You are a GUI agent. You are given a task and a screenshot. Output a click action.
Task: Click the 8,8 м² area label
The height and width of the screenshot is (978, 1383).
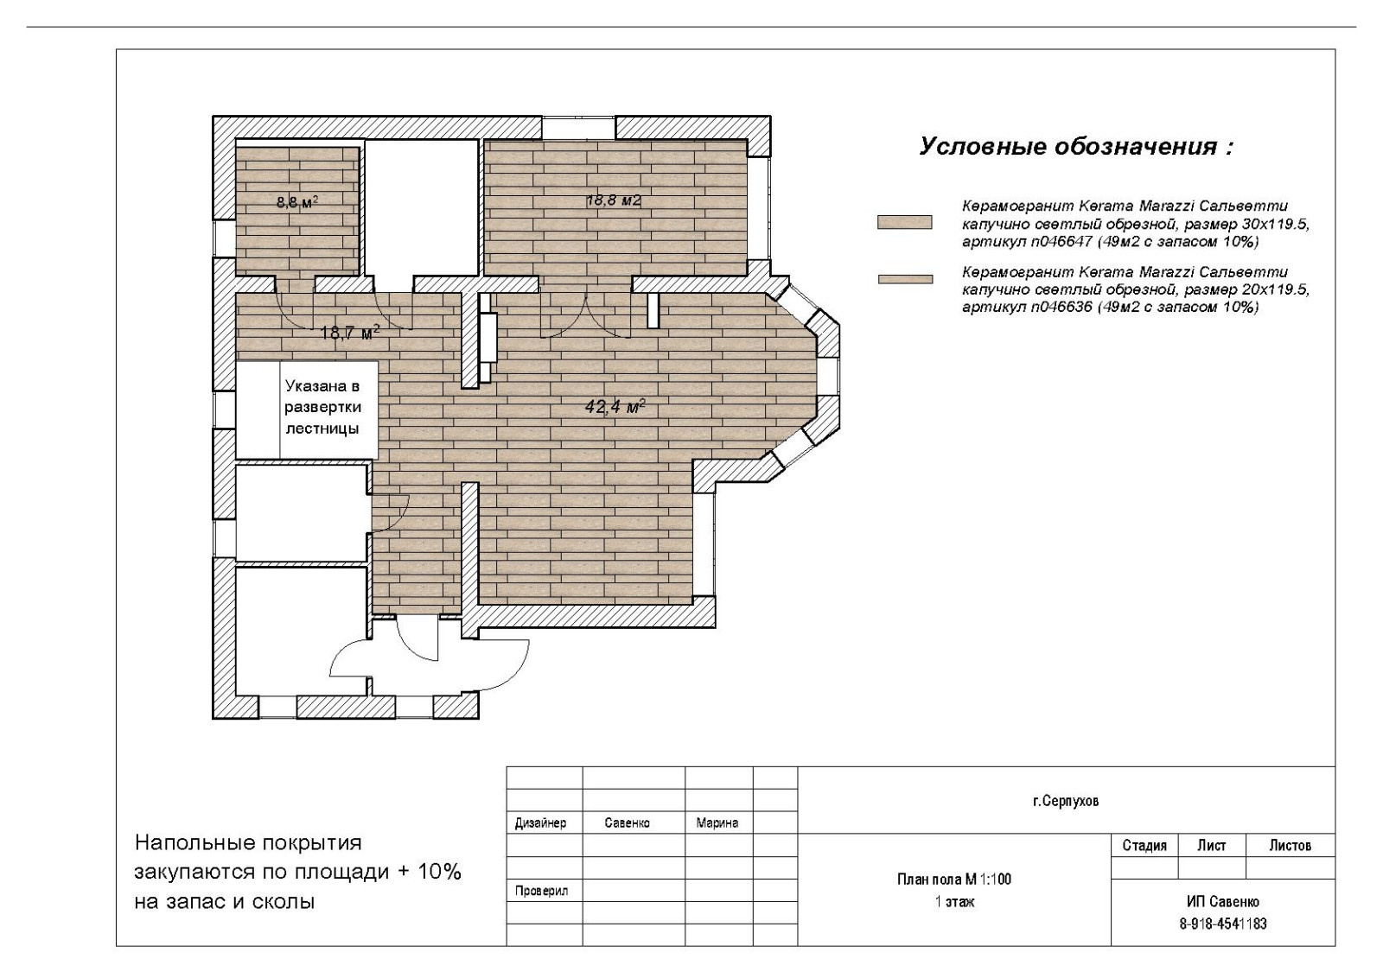click(x=297, y=201)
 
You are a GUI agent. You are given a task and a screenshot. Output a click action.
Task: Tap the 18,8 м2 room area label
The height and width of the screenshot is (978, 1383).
click(x=614, y=200)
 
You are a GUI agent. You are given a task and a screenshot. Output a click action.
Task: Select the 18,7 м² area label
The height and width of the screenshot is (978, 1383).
click(x=349, y=333)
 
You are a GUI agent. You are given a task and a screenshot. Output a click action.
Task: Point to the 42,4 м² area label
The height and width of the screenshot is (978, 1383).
click(x=615, y=407)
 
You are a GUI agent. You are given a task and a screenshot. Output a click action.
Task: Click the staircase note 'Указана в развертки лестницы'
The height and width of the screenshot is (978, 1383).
click(x=322, y=407)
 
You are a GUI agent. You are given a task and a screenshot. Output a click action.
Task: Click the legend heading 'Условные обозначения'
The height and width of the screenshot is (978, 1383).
click(x=1076, y=147)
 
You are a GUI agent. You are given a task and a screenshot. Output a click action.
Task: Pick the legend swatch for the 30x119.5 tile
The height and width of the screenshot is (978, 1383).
click(x=904, y=222)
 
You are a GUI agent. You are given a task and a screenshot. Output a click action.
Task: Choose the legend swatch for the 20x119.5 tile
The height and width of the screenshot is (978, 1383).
click(x=905, y=280)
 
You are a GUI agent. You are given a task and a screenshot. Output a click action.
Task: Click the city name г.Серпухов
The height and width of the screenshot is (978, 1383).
click(x=1066, y=802)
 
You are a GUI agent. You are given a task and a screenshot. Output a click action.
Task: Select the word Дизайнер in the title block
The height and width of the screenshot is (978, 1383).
click(x=540, y=823)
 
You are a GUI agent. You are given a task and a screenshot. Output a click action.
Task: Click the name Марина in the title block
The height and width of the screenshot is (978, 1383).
click(x=717, y=822)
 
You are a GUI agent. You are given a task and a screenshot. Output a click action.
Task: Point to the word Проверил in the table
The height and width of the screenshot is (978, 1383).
click(x=541, y=891)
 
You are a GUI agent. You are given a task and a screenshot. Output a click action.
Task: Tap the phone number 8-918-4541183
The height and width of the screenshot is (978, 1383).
click(x=1223, y=924)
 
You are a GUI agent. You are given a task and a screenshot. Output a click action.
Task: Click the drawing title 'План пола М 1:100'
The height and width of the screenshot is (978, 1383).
click(x=954, y=880)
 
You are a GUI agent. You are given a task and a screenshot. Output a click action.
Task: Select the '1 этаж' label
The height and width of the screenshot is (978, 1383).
click(x=954, y=901)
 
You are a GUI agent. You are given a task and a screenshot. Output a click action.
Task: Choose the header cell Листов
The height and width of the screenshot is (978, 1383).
click(x=1290, y=845)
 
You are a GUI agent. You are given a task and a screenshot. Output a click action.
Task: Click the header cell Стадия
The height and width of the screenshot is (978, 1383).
click(x=1144, y=846)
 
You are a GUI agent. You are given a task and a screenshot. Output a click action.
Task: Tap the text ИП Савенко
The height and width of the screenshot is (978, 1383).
click(x=1222, y=901)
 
